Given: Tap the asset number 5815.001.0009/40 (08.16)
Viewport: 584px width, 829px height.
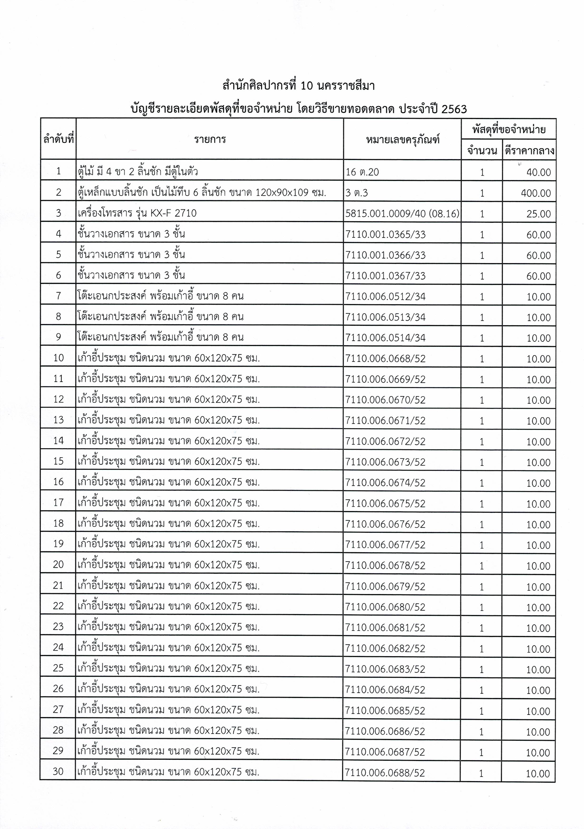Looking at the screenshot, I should click(x=402, y=214).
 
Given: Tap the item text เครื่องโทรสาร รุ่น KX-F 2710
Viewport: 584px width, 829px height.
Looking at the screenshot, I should click(x=137, y=213).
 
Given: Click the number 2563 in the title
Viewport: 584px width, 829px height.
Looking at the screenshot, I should click(x=454, y=109).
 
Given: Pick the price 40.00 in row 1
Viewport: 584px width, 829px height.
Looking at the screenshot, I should click(x=539, y=173).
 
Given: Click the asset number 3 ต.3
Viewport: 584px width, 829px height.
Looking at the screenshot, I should click(x=356, y=193).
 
